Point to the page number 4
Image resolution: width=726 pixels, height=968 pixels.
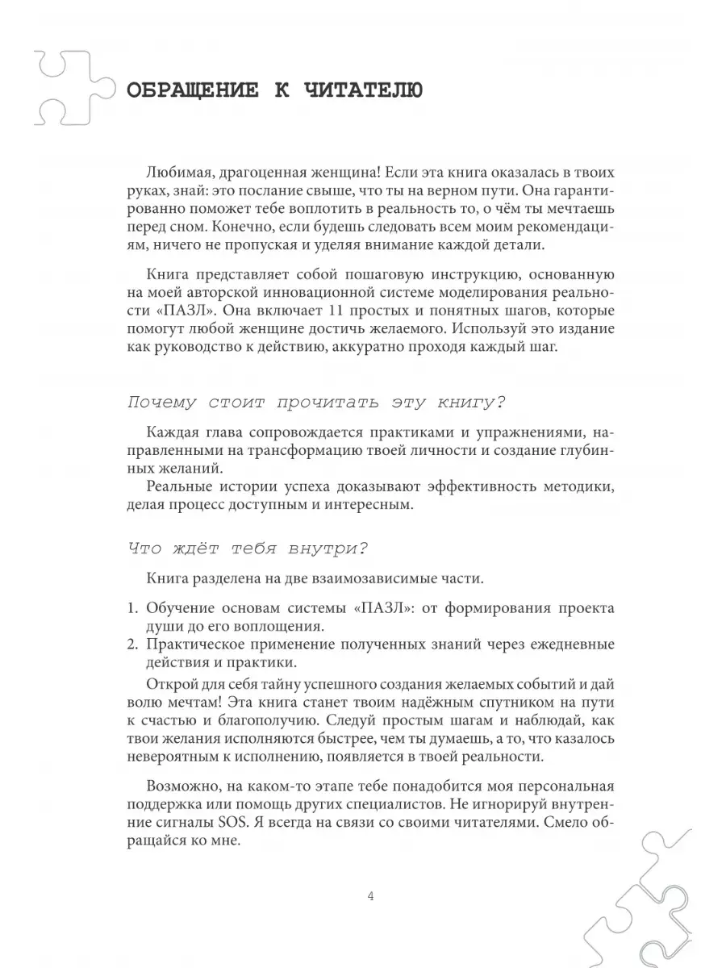tap(369, 897)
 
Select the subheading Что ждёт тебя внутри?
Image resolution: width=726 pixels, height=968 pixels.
tap(248, 549)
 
